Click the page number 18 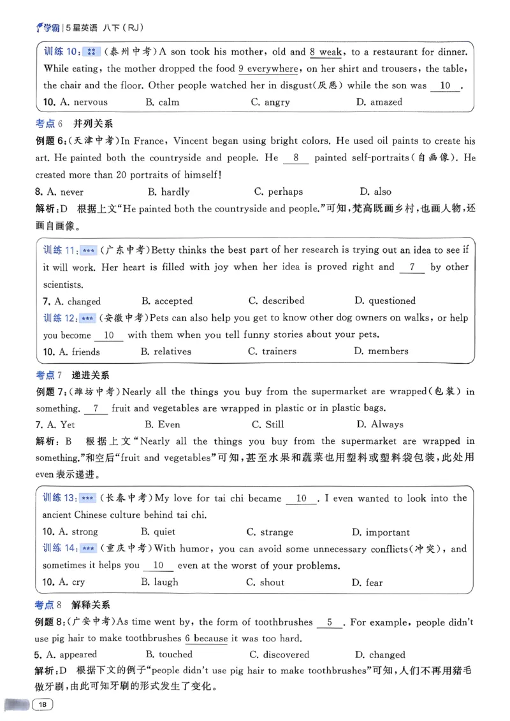click(x=43, y=704)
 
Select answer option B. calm click(x=163, y=102)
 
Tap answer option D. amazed click(x=379, y=102)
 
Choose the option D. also click(x=375, y=192)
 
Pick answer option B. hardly click(x=168, y=192)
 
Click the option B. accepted click(x=166, y=301)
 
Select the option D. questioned click(x=384, y=301)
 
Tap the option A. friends click(x=71, y=351)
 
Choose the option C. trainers click(x=271, y=351)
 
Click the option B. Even click(x=163, y=424)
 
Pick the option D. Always click(x=379, y=424)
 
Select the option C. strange click(x=270, y=532)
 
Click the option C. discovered click(x=279, y=654)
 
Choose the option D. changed click(x=379, y=654)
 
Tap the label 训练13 click(x=59, y=499)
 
